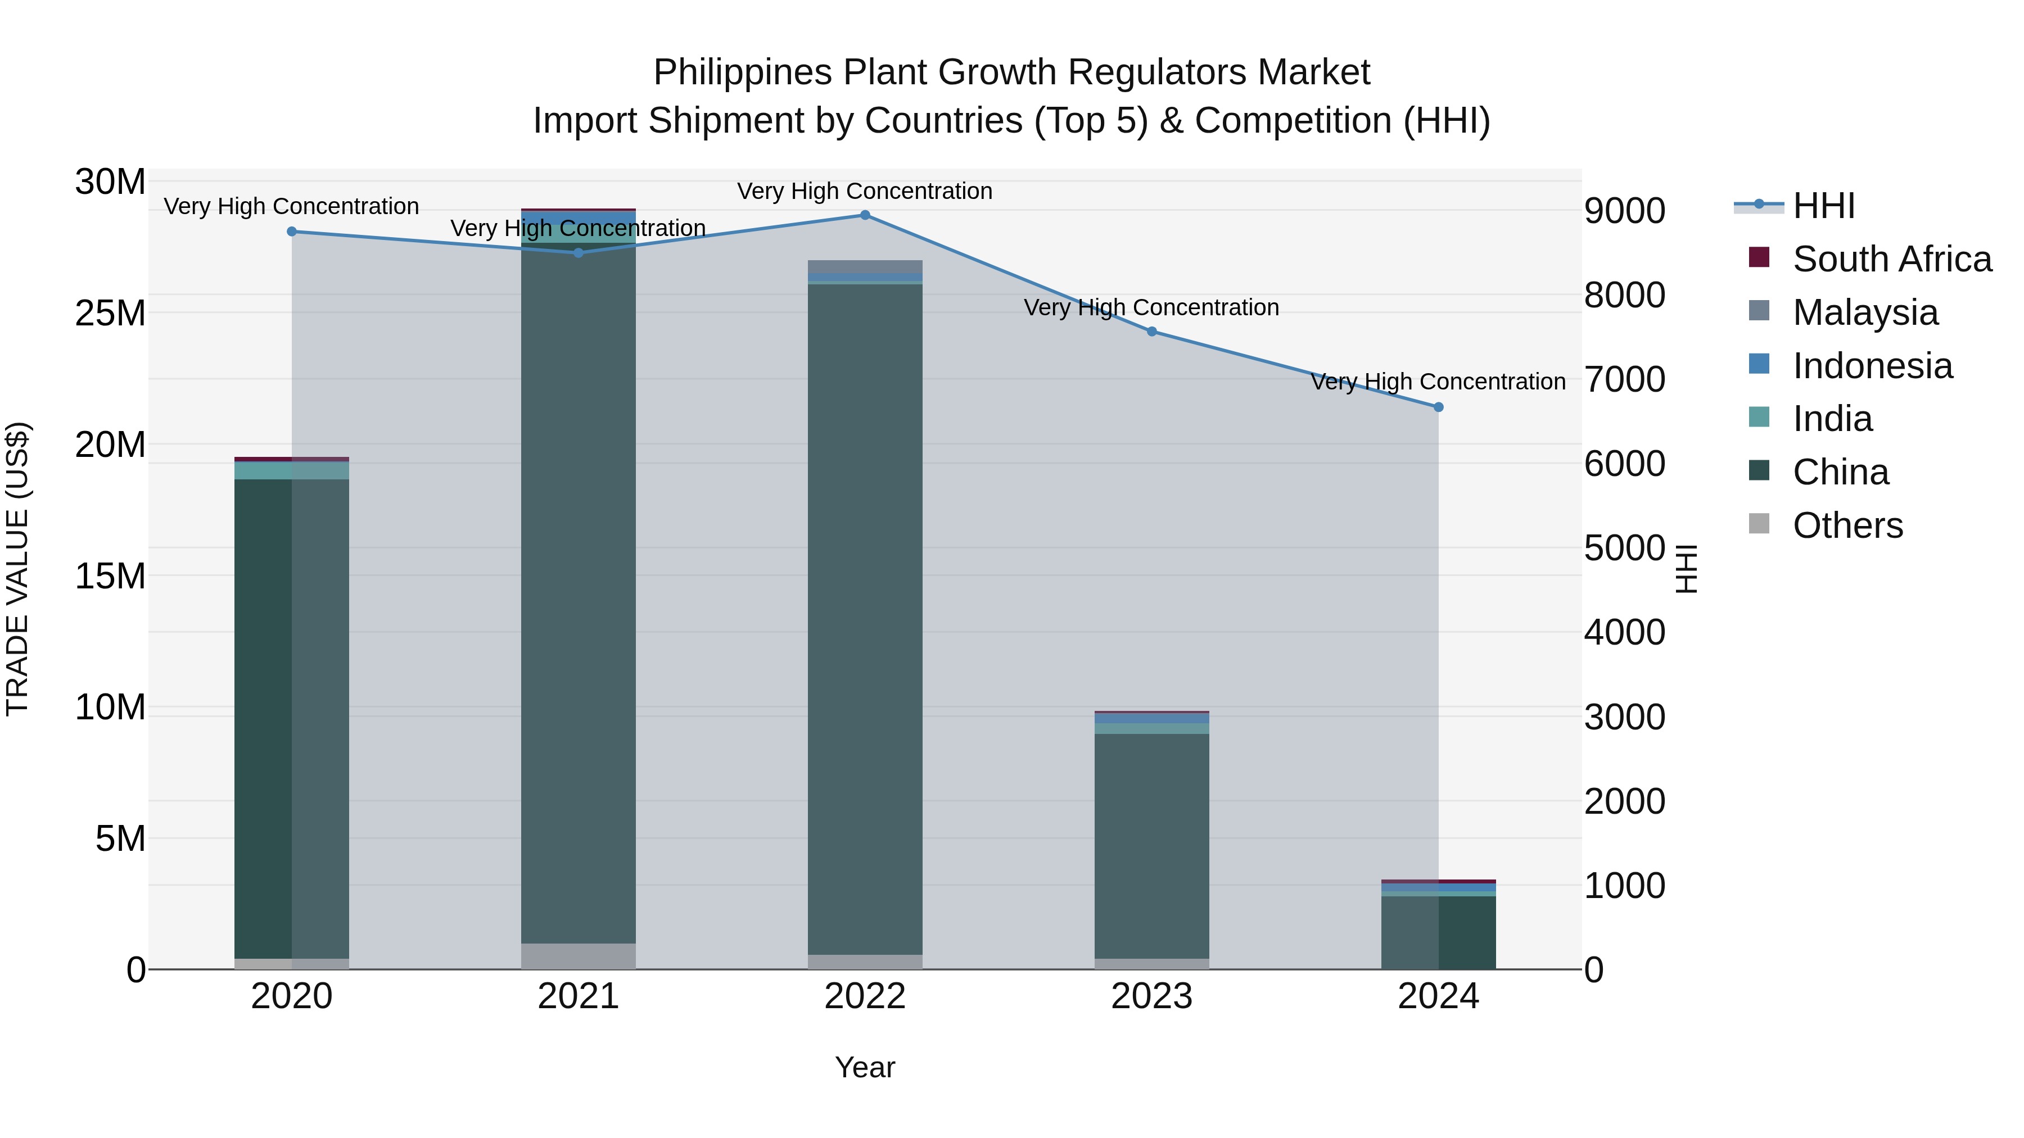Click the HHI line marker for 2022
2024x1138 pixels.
tap(865, 215)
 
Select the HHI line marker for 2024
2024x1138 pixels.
tap(1439, 407)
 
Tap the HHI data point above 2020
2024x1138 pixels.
tap(291, 232)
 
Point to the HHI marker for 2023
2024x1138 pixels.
tap(1152, 332)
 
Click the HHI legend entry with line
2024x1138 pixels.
tap(1795, 206)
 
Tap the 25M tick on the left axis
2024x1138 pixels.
tap(110, 314)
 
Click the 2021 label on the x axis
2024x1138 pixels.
tap(579, 996)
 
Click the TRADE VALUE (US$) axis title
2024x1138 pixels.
tap(17, 569)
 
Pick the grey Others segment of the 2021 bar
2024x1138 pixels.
tap(579, 956)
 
